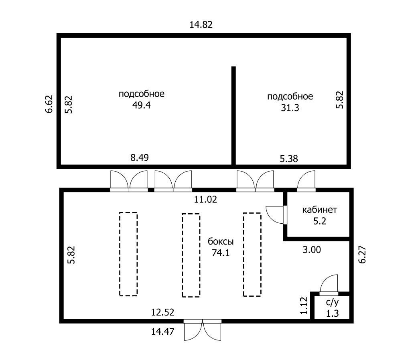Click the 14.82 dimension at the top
point(201,25)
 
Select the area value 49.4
point(141,105)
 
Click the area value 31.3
point(290,108)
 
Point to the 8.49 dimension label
point(140,158)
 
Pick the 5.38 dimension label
point(289,159)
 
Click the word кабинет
point(319,210)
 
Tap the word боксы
point(221,241)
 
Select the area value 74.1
point(221,253)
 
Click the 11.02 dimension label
point(205,200)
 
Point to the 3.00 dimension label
point(312,249)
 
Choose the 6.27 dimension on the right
point(362,255)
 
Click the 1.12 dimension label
point(304,305)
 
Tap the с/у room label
point(333,302)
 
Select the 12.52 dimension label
point(162,312)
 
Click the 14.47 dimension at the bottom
point(162,332)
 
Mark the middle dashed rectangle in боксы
point(191,255)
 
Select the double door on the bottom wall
point(203,330)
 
